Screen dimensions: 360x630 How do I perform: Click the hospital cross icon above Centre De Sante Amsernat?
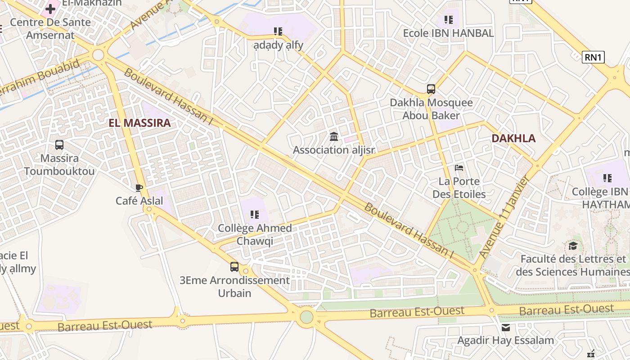pos(50,9)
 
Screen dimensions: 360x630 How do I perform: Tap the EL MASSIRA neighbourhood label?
pos(139,123)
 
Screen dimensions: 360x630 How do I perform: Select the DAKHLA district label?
pos(513,138)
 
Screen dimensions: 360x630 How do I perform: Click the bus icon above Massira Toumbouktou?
pos(59,145)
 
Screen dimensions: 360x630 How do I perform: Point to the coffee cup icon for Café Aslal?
pos(139,188)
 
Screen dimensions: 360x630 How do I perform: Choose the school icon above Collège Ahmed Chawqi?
pos(255,215)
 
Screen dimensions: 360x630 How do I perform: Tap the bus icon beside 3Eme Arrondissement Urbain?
pos(234,267)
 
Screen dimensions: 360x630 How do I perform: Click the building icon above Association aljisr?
pos(334,136)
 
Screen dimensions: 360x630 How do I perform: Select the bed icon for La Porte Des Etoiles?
pos(459,168)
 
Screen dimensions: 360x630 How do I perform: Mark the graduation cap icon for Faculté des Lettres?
pos(573,246)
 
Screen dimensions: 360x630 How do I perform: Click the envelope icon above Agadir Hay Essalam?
pos(506,327)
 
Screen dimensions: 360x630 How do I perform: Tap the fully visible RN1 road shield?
pos(593,57)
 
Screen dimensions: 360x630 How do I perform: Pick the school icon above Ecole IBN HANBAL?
pos(448,19)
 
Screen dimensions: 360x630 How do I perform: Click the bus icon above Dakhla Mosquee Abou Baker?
pos(431,89)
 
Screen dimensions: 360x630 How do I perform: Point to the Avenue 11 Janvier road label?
pos(504,217)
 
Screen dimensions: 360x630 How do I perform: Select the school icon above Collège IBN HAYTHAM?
pos(607,178)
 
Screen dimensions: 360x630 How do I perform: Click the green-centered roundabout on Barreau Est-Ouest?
pos(306,317)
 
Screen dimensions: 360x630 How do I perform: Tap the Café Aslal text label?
pos(139,201)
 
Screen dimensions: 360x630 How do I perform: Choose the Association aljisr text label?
pos(334,150)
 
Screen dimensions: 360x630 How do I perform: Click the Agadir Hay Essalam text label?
pos(506,340)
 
